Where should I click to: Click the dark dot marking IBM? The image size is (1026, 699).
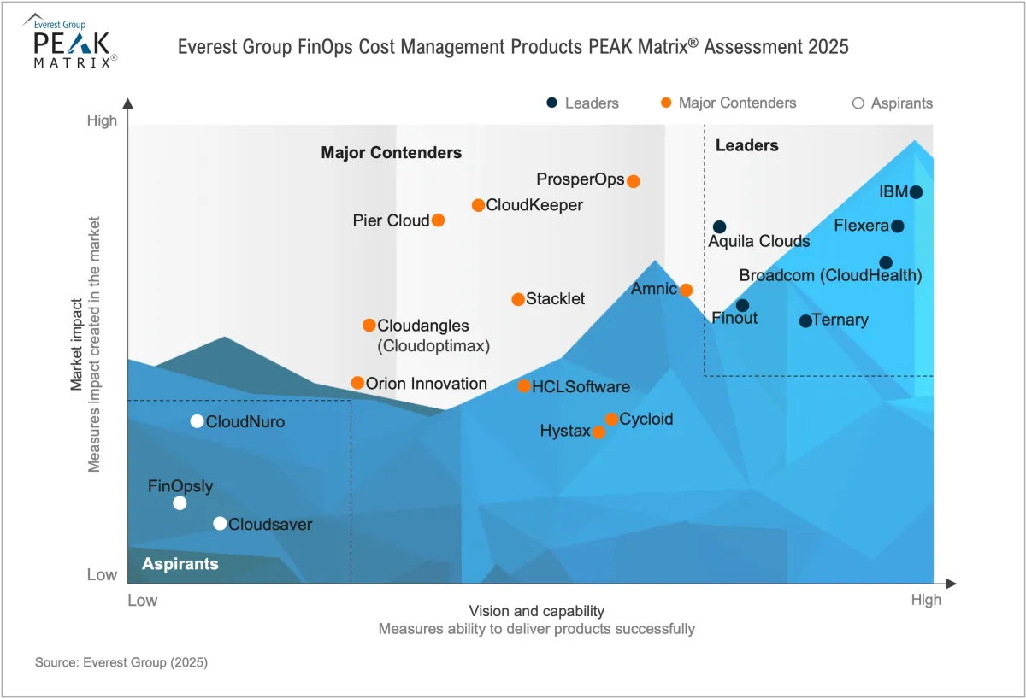pyautogui.click(x=916, y=192)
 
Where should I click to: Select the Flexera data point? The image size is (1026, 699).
pyautogui.click(x=897, y=226)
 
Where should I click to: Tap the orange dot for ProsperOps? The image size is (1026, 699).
pyautogui.click(x=634, y=181)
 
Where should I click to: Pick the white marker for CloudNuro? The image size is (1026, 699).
pyautogui.click(x=197, y=421)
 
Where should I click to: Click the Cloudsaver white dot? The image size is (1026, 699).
pyautogui.click(x=220, y=524)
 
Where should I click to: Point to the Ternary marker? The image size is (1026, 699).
pyautogui.click(x=805, y=321)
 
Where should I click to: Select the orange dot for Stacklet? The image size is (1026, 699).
pyautogui.click(x=518, y=299)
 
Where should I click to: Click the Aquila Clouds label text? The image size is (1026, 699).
pyautogui.click(x=758, y=242)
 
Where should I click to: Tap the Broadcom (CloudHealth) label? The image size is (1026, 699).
pyautogui.click(x=830, y=276)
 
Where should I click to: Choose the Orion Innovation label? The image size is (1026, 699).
pyautogui.click(x=426, y=384)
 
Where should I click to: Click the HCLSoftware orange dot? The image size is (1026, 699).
pyautogui.click(x=524, y=387)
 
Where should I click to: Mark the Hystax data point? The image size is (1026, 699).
pyautogui.click(x=599, y=432)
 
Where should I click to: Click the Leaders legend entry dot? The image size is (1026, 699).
pyautogui.click(x=552, y=103)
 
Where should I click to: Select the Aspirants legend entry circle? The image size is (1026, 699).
pyautogui.click(x=858, y=103)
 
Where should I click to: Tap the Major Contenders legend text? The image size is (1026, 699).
pyautogui.click(x=737, y=103)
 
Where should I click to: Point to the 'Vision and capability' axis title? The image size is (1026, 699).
pyautogui.click(x=536, y=611)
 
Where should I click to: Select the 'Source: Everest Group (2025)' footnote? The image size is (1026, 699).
pyautogui.click(x=121, y=662)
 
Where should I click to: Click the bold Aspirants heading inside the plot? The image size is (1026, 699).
pyautogui.click(x=180, y=564)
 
